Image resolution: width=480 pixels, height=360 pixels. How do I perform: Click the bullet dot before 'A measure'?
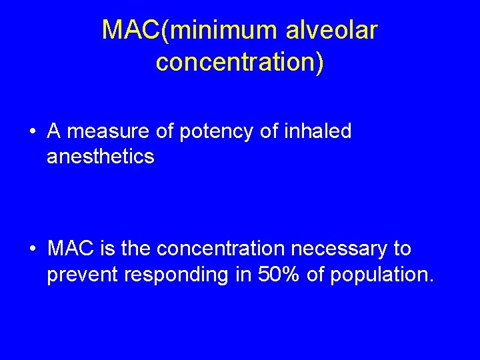click(33, 132)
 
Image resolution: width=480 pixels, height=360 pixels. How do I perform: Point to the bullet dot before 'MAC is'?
click(33, 249)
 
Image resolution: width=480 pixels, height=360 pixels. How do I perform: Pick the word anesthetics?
click(100, 157)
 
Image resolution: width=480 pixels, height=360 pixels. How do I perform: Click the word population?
click(382, 274)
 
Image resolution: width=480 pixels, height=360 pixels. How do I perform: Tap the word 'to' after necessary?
click(403, 249)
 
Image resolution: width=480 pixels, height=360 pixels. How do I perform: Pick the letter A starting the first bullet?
click(55, 132)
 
